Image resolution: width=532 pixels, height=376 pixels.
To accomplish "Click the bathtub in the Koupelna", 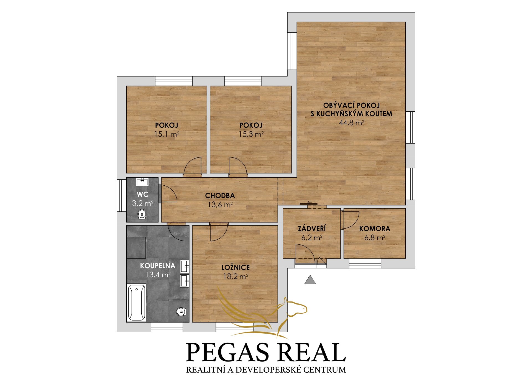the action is (x=136, y=302).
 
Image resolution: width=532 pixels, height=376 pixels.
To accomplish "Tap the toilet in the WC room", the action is (x=142, y=214).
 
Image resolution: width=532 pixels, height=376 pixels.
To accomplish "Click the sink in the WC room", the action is (x=142, y=182).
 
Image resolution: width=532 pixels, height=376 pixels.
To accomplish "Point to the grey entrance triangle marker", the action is (x=310, y=280).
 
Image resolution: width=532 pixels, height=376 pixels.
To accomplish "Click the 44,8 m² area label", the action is (x=352, y=123).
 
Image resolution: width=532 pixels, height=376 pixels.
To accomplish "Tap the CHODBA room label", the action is (x=220, y=196).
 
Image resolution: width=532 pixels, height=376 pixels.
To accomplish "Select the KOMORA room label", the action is (x=375, y=229).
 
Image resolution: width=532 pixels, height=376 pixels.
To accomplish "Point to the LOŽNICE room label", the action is (x=236, y=267).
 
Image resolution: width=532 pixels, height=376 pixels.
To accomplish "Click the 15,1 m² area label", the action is (x=167, y=134).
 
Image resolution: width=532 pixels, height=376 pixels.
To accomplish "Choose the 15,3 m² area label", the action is (x=251, y=134).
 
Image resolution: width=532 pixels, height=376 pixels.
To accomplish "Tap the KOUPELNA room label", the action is (x=158, y=266).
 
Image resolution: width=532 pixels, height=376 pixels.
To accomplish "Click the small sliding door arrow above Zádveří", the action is (x=310, y=202).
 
